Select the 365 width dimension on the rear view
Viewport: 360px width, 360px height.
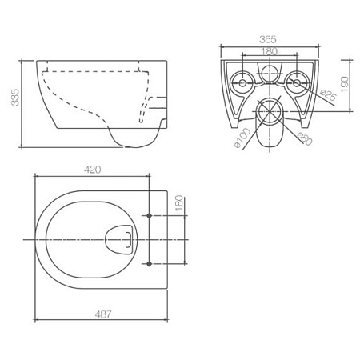(268, 39)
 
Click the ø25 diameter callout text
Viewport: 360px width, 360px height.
(327, 98)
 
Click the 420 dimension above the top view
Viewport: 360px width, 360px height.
(94, 170)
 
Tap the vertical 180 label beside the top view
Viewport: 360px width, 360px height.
(179, 205)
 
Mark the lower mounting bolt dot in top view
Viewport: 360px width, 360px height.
(150, 263)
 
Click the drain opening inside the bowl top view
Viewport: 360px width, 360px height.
(118, 238)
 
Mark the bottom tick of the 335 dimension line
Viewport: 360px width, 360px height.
(19, 147)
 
